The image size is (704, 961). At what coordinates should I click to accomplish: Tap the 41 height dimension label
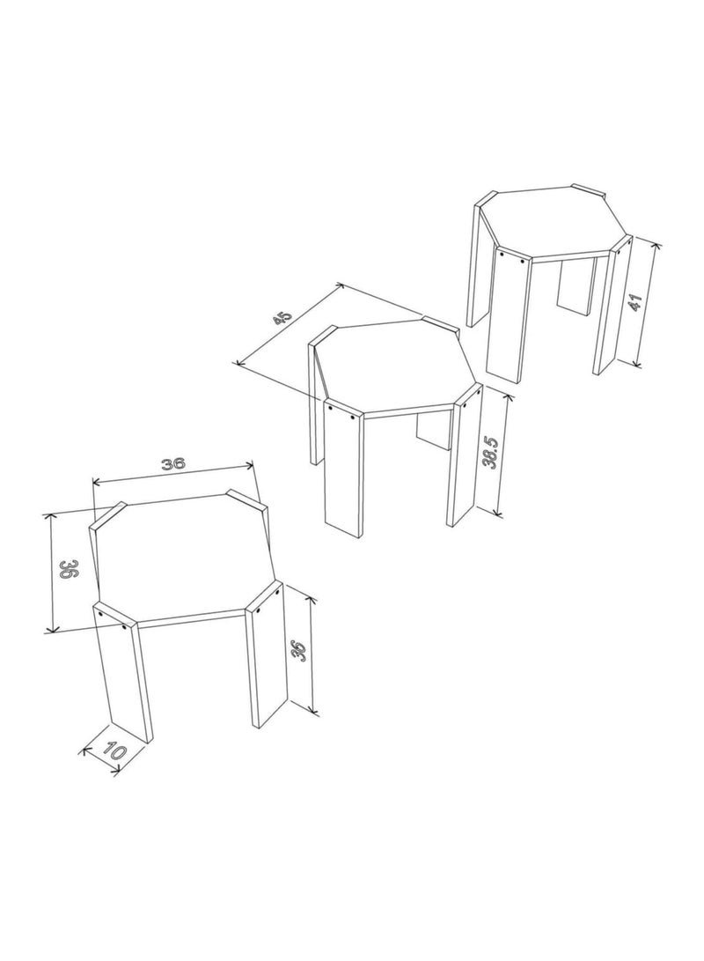[635, 302]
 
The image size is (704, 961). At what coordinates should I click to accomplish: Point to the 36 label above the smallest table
[172, 464]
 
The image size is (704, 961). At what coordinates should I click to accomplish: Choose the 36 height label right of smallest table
[299, 652]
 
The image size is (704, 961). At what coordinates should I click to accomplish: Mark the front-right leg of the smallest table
[265, 655]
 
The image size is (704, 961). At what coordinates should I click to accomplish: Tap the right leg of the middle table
[465, 455]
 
